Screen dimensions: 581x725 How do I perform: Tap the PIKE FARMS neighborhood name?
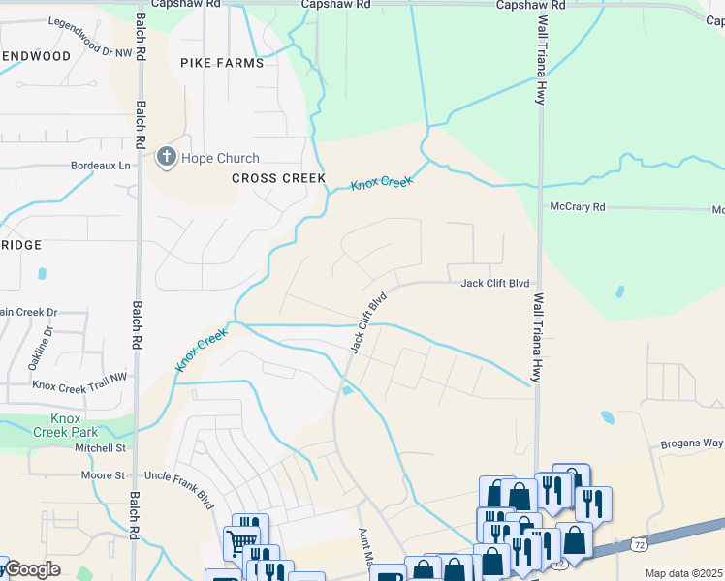tap(222, 63)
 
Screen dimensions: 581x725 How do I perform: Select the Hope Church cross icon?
tap(167, 158)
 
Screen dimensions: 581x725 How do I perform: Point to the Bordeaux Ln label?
tap(101, 166)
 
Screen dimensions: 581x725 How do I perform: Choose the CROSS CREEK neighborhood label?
tap(266, 178)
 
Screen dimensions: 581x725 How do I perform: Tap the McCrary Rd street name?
tap(577, 207)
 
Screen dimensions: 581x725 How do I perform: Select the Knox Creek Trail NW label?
tap(79, 384)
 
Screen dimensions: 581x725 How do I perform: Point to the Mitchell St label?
tap(101, 448)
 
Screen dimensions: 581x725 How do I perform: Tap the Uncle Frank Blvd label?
tap(178, 475)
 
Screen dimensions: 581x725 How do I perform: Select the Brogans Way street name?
tap(692, 443)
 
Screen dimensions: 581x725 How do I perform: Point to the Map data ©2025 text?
tap(684, 573)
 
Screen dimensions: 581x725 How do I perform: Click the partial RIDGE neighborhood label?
tap(21, 245)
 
